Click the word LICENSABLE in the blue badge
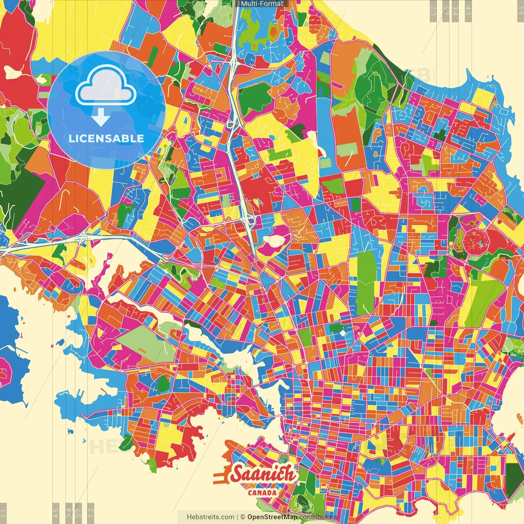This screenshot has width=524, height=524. coord(106,138)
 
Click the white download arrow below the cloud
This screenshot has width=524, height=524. coord(101,118)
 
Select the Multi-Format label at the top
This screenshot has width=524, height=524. coord(262,4)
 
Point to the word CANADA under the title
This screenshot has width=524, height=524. coord(262,492)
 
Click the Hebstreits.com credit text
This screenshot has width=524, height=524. coord(210,517)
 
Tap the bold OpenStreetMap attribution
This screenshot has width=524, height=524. coord(272,517)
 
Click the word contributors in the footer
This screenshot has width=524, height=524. coord(318,517)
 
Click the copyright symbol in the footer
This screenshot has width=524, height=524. coord(243,517)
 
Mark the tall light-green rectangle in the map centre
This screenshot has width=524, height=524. coord(365,282)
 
